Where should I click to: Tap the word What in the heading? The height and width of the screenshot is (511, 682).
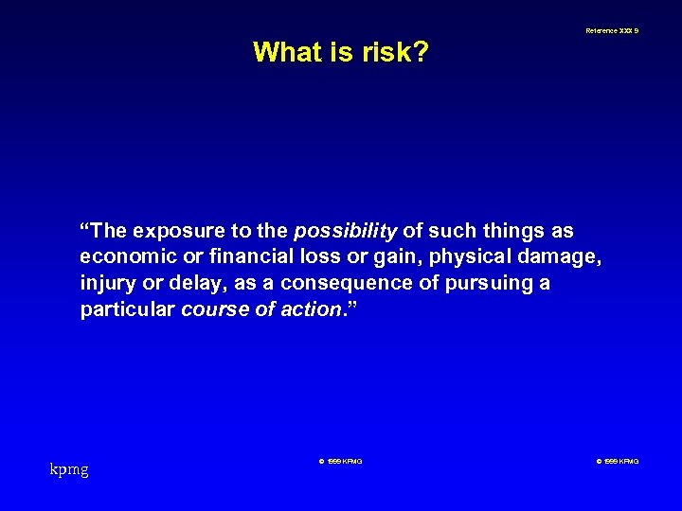pos(287,52)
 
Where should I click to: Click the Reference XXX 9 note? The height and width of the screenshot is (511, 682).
pos(611,31)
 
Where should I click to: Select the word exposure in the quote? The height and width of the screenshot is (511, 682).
pos(177,232)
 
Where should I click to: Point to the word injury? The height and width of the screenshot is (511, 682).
pos(106,283)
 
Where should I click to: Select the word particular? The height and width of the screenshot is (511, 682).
pos(127,308)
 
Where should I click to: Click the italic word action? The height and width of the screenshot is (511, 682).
pos(312,308)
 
